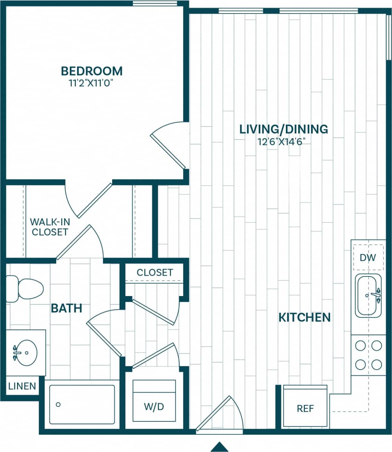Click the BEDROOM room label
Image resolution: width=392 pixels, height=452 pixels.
[x=92, y=71]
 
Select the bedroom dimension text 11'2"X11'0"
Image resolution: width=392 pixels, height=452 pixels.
[x=92, y=83]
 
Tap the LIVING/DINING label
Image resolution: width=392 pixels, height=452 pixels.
[x=284, y=129]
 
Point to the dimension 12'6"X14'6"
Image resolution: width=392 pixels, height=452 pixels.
[x=281, y=142]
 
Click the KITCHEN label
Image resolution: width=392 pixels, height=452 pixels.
[x=304, y=317]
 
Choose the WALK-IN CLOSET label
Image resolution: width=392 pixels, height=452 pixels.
[x=50, y=227]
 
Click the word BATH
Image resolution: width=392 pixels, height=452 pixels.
[x=66, y=308]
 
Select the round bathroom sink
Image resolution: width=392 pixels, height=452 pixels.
[x=26, y=352]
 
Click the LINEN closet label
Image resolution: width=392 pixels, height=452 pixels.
[x=22, y=386]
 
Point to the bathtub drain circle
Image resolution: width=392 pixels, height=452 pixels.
[x=58, y=404]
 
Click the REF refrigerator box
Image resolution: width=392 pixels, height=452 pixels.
[x=305, y=406]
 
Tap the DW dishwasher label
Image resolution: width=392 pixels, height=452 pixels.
[x=368, y=258]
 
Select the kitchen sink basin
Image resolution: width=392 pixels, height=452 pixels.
[x=368, y=296]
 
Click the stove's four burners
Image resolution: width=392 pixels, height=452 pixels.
[x=368, y=355]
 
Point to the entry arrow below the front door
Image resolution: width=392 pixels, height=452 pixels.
[x=219, y=446]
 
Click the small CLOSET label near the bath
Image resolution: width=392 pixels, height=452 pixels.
[x=154, y=272]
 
